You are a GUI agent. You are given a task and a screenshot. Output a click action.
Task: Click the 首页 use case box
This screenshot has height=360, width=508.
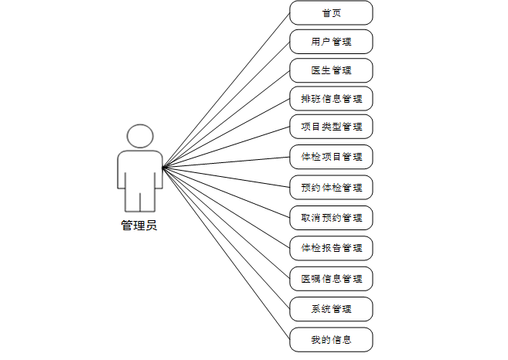(x=331, y=12)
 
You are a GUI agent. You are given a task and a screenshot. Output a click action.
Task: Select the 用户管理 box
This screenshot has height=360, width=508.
(x=331, y=41)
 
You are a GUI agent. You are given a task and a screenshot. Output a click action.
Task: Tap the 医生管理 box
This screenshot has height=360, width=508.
(x=331, y=70)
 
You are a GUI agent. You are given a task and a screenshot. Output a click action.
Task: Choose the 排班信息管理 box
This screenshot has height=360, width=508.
(x=331, y=99)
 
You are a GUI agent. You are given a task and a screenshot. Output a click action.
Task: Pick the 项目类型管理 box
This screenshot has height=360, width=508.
(x=331, y=126)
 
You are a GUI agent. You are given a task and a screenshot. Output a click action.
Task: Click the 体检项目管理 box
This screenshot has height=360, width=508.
(x=331, y=157)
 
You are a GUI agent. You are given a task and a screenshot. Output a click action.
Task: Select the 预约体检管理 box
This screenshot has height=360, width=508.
(x=331, y=187)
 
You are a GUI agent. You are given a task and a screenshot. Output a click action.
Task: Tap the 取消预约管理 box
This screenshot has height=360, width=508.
(x=331, y=218)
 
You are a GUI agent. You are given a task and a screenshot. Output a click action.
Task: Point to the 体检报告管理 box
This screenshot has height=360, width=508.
(x=331, y=248)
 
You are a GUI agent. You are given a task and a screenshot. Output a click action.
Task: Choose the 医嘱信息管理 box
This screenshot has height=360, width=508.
(x=331, y=278)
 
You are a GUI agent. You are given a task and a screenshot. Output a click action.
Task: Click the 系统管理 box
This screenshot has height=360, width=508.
(x=331, y=309)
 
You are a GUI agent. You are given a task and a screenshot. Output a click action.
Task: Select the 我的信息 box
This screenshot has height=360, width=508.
(x=331, y=339)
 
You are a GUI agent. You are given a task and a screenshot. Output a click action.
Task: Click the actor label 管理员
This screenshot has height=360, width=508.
(x=139, y=226)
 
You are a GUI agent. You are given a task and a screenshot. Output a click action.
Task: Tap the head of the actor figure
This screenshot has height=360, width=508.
(x=139, y=136)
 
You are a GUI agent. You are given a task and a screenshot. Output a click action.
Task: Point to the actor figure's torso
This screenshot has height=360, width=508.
(x=139, y=170)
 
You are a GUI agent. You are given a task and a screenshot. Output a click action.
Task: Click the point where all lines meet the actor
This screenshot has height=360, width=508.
(x=163, y=166)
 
